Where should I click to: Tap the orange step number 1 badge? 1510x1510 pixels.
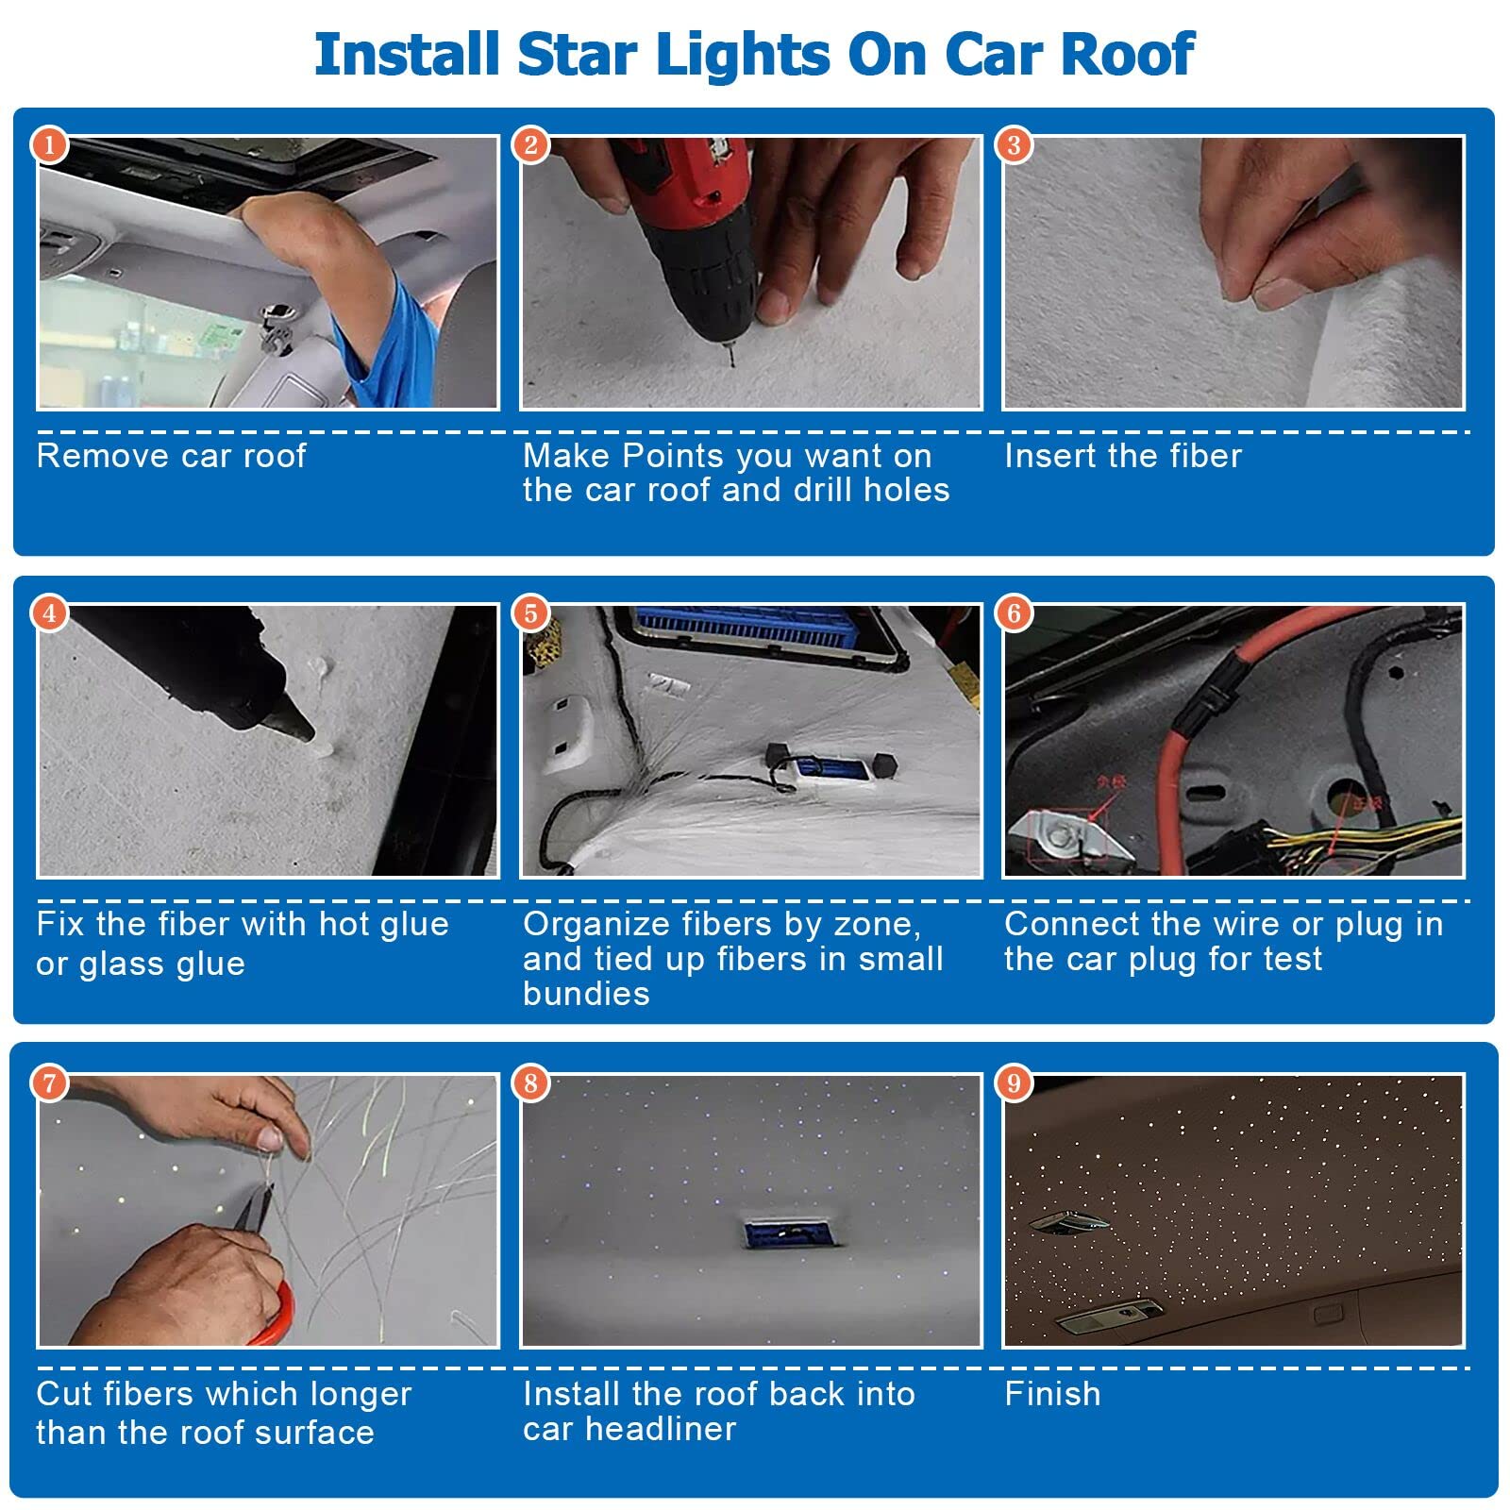49,145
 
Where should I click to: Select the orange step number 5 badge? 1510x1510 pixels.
531,613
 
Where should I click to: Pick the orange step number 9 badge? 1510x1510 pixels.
1014,1082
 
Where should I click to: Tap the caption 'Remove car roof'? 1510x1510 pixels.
171,456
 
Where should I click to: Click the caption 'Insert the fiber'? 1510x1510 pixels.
1122,456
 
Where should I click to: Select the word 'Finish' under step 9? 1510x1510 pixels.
1052,1394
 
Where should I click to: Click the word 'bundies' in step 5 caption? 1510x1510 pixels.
586,994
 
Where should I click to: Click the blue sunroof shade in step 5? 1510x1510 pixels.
746,629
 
